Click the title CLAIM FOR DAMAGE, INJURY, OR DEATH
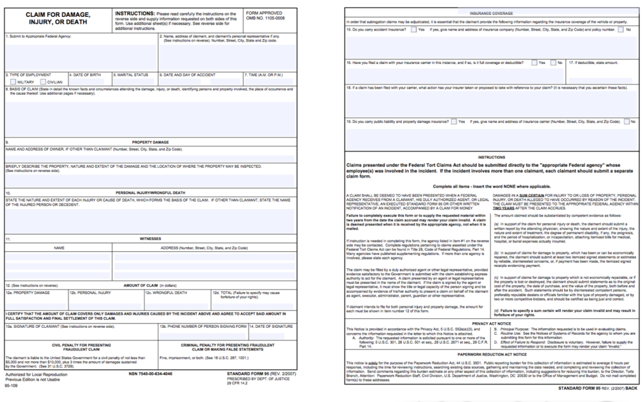pos(57,18)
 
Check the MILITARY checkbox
pos(13,82)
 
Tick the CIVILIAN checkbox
pos(43,82)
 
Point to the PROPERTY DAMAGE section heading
pos(150,142)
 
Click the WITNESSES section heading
pos(150,239)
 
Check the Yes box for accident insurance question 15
pos(413,30)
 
